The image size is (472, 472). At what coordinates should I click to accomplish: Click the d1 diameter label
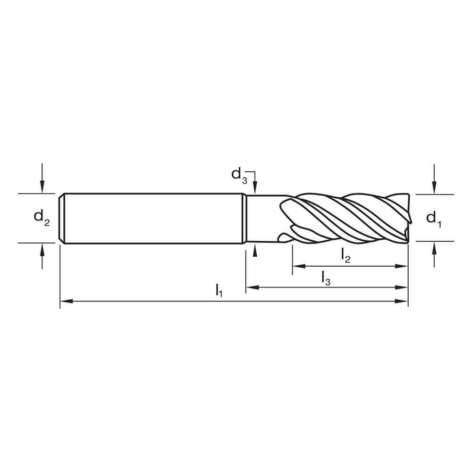433,218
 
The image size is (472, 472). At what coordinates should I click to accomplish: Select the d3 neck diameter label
239,174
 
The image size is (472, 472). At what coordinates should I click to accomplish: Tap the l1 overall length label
219,290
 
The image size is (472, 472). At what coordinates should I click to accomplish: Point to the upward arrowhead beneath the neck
255,250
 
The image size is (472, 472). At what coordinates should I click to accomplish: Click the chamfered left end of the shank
62,218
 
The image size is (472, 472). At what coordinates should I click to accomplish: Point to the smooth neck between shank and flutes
262,218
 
